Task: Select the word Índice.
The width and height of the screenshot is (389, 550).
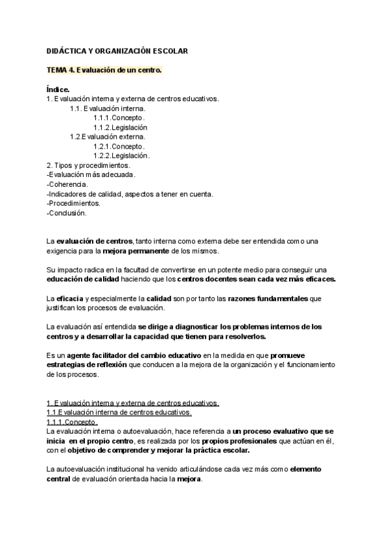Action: click(58, 90)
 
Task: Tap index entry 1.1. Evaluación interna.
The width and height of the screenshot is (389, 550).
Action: click(108, 108)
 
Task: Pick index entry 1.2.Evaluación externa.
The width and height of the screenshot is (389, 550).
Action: click(108, 137)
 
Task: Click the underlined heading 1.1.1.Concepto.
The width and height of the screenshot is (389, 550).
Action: click(72, 422)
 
